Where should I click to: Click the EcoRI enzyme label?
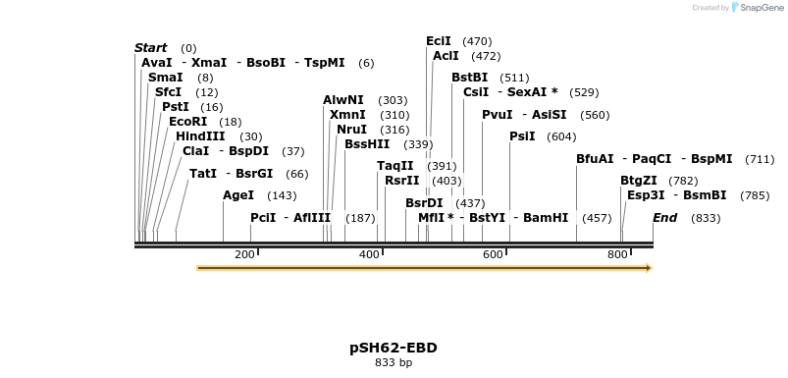pyautogui.click(x=188, y=122)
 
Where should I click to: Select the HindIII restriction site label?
pyautogui.click(x=200, y=136)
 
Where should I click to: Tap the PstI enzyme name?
pyautogui.click(x=176, y=107)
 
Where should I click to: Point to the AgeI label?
pyautogui.click(x=238, y=195)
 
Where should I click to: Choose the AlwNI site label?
pyautogui.click(x=343, y=100)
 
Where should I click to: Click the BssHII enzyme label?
pyautogui.click(x=367, y=144)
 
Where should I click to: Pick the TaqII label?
pyautogui.click(x=394, y=166)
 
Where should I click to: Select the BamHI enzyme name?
pyautogui.click(x=546, y=218)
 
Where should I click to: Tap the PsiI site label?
pyautogui.click(x=522, y=136)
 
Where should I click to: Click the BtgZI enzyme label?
pyautogui.click(x=640, y=181)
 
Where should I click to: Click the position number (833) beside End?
pyautogui.click(x=706, y=218)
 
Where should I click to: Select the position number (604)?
pyautogui.click(x=561, y=136)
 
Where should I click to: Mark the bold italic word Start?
pyautogui.click(x=151, y=48)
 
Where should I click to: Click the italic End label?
pyautogui.click(x=664, y=218)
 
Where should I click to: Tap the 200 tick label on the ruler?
pyautogui.click(x=244, y=254)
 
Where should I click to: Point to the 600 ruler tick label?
pyautogui.click(x=494, y=254)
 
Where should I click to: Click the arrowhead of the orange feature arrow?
pyautogui.click(x=648, y=267)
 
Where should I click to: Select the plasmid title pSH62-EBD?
pyautogui.click(x=394, y=348)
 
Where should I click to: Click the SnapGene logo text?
pyautogui.click(x=763, y=8)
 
